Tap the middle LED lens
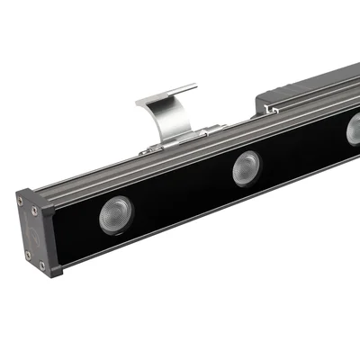tap(246, 168)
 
